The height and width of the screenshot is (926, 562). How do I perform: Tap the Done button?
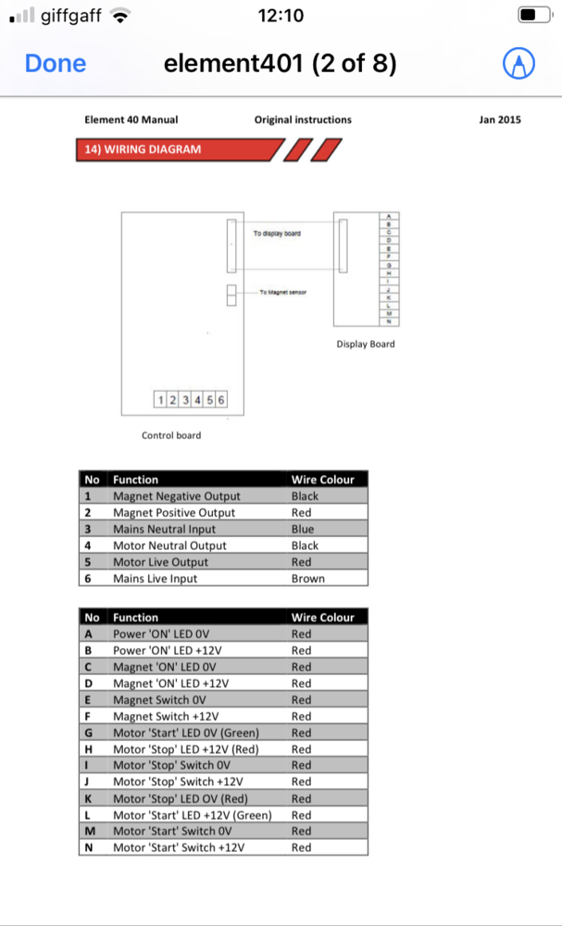56,63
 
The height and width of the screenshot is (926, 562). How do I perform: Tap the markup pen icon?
518,63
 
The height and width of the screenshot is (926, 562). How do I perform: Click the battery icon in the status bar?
531,15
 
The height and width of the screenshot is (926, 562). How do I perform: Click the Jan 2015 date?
500,119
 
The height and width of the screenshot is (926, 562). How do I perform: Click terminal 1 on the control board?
161,400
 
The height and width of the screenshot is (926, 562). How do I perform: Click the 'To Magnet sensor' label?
282,292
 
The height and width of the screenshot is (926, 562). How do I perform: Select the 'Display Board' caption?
365,344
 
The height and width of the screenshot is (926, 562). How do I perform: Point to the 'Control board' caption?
170,435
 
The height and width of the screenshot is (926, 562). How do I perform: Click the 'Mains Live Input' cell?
155,579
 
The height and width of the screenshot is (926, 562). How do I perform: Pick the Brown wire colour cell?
308,579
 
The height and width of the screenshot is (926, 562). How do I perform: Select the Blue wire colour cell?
304,529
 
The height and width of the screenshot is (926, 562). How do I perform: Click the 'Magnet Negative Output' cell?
176,496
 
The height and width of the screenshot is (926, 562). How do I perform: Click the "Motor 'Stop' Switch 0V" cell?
171,766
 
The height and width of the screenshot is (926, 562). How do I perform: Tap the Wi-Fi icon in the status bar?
119,15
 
